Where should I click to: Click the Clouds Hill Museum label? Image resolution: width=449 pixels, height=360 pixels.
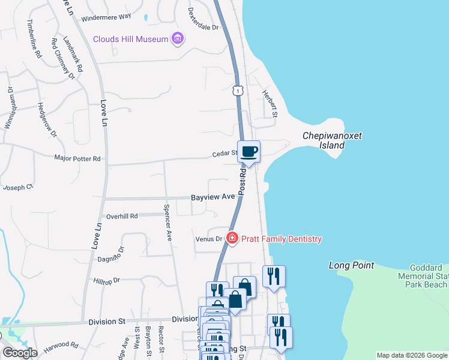point(130,40)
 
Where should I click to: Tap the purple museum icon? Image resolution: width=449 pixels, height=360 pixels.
point(177,40)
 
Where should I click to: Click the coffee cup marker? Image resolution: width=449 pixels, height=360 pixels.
point(249,151)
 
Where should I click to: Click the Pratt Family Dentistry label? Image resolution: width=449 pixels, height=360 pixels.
point(282,239)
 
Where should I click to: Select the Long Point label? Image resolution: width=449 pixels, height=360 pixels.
point(351,265)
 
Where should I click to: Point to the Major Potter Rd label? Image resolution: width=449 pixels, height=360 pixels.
point(77,159)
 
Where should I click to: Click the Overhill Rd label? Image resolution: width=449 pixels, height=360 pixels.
point(122,216)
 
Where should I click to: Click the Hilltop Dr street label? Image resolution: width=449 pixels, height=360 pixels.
point(107,280)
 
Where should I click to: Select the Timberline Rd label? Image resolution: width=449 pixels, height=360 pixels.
point(34,38)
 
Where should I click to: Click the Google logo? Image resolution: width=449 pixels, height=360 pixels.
point(19,353)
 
